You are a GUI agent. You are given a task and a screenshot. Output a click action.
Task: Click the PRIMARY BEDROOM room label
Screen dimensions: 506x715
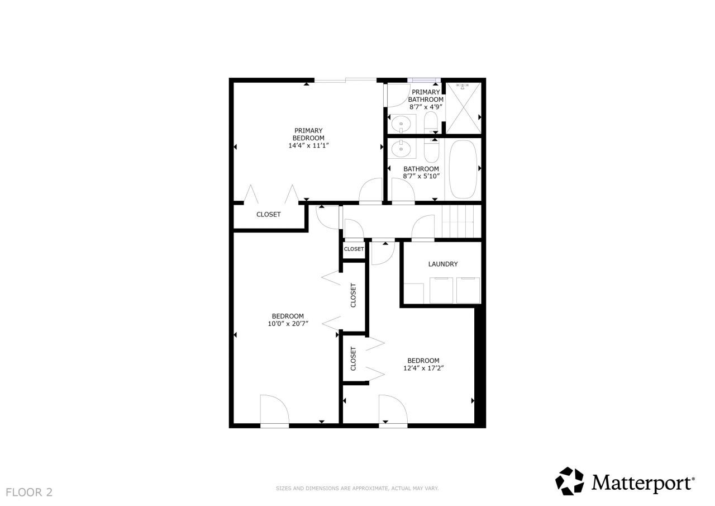pos(308,134)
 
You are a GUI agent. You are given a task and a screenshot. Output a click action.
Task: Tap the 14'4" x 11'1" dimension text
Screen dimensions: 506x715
pos(308,145)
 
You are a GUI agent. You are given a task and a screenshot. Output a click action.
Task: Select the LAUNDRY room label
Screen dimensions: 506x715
pos(443,264)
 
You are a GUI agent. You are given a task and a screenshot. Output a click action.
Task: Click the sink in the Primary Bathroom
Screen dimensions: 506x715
pos(400,123)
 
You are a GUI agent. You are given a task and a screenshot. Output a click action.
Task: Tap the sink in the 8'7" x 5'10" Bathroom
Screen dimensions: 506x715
pos(400,148)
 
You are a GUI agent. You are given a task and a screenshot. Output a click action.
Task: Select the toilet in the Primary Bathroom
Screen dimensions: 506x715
pos(431,122)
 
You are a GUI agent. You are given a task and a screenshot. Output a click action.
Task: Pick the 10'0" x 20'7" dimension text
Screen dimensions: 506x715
pos(288,323)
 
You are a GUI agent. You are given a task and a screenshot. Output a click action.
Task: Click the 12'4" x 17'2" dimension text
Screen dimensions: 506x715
pos(423,368)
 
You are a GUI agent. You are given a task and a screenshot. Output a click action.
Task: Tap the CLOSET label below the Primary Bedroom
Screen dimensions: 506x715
pos(269,214)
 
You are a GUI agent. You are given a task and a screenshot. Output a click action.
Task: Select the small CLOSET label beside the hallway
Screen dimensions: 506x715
pos(354,249)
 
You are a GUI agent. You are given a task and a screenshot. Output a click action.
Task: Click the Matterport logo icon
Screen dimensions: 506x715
pos(569,481)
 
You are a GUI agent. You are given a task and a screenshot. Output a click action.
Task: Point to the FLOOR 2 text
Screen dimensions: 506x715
pos(29,492)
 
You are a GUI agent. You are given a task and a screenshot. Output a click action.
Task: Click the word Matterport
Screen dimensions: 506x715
pos(642,482)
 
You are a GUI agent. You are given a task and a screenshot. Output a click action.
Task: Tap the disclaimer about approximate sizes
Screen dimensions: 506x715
pos(357,488)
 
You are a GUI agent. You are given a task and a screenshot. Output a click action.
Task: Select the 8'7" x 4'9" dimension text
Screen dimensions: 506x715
pos(426,106)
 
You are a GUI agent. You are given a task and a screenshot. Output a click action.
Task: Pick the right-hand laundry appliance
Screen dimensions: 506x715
pos(468,290)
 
